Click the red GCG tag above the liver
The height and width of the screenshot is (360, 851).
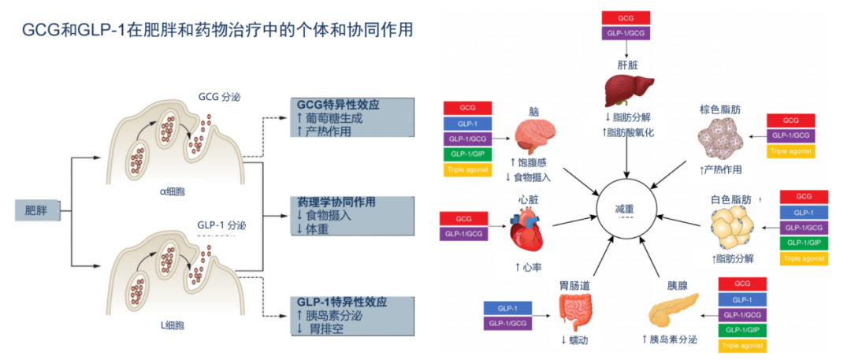tap(626, 17)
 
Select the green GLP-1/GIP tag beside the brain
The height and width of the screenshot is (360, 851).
tap(467, 154)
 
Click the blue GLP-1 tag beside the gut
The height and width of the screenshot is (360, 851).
tap(507, 308)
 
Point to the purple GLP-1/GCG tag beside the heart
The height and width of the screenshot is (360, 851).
tap(463, 233)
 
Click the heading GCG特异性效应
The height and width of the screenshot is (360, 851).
tap(338, 105)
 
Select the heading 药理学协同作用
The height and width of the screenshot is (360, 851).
tap(341, 202)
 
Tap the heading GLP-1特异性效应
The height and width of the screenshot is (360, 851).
tap(342, 302)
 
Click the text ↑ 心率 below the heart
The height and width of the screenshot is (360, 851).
tap(527, 268)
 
